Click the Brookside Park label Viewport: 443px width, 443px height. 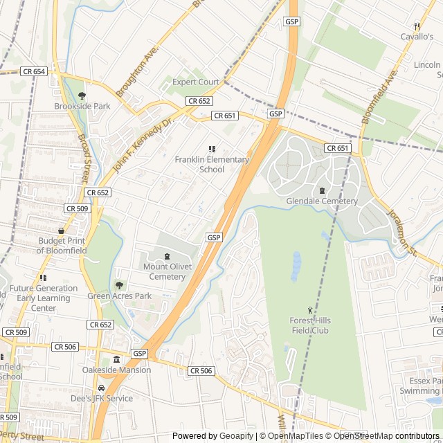82,107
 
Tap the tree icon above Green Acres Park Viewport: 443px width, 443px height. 119,285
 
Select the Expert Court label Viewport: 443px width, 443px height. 195,82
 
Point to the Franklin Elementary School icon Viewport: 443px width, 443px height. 212,149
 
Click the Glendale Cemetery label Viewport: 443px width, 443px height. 322,201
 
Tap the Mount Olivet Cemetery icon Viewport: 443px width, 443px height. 167,256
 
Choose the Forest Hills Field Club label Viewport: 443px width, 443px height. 309,325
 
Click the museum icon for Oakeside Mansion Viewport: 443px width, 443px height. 116,359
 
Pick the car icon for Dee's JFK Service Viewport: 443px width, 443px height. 102,388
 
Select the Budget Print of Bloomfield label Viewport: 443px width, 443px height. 62,246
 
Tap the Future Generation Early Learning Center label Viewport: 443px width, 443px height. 44,298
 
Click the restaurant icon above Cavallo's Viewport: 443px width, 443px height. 417,26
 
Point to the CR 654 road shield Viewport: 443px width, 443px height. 33,71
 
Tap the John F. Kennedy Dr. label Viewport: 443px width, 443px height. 142,146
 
